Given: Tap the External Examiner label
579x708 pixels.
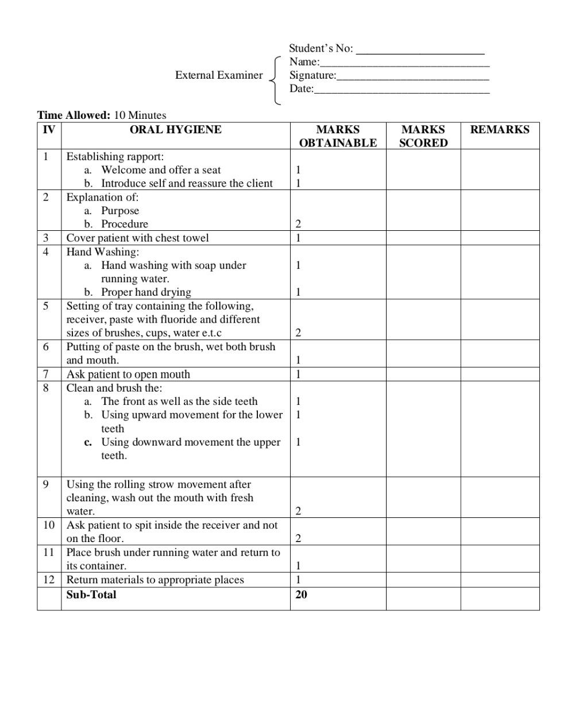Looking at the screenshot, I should (219, 75).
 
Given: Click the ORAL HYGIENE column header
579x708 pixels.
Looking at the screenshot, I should (175, 130).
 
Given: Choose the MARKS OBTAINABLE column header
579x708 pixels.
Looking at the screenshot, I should (338, 136).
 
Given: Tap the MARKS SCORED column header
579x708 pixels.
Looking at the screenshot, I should (423, 136).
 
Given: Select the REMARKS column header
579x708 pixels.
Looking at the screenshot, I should (500, 130).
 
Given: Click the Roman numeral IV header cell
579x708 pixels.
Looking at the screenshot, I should (49, 130).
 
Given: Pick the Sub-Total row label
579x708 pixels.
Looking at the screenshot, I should (91, 595).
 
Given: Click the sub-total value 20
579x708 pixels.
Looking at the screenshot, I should (301, 595).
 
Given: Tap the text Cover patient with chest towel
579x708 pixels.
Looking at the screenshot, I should (137, 238).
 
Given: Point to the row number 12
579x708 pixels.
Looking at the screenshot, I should (49, 580).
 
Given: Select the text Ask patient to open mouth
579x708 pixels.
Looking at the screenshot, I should (128, 374).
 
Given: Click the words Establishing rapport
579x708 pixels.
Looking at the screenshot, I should (115, 157).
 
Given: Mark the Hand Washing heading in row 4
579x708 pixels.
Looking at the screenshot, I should (102, 252).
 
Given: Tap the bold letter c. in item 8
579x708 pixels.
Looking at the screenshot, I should (88, 443).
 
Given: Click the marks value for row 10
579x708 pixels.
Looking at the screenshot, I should (298, 539).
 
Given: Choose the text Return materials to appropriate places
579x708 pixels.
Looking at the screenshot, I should (155, 580).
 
